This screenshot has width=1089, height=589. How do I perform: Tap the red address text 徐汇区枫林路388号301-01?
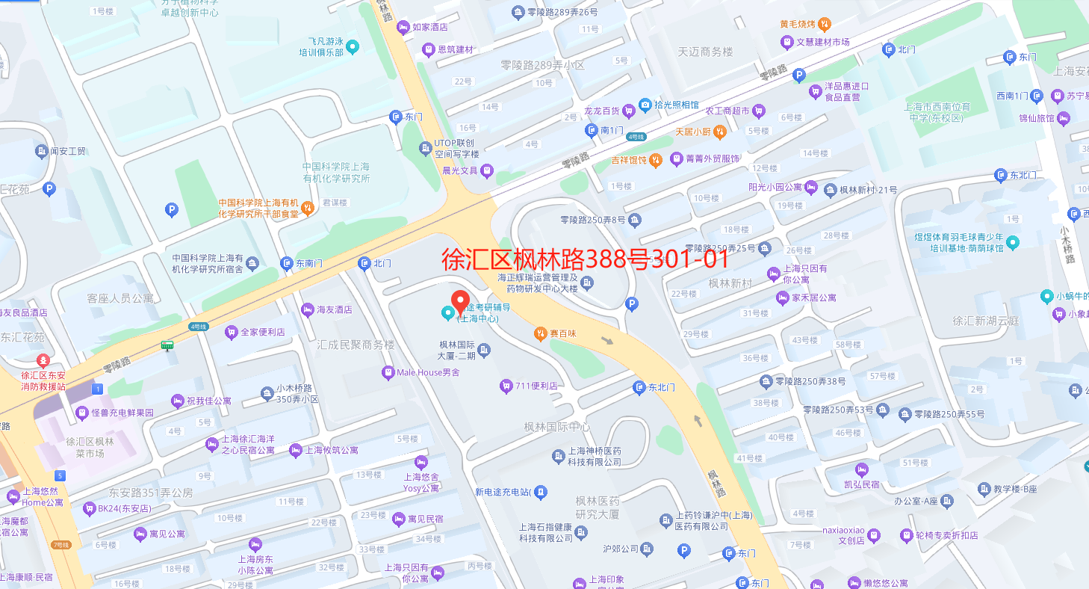(585, 259)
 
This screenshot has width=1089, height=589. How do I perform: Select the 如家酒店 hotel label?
(430, 28)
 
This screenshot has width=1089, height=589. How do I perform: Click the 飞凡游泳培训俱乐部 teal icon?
(353, 47)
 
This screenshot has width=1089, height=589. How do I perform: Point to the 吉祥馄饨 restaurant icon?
(655, 159)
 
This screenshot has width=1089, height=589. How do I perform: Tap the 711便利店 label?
(536, 386)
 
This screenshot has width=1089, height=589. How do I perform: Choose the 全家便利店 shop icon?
(231, 332)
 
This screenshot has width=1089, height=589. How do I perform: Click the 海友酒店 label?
(334, 309)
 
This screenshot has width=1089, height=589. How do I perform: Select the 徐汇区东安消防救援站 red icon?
(43, 360)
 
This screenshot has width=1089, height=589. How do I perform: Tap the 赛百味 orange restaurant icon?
(540, 333)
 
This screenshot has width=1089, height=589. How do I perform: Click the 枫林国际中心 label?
(556, 428)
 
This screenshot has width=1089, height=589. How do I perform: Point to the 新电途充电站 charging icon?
(541, 492)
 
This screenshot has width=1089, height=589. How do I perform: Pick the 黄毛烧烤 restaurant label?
(798, 24)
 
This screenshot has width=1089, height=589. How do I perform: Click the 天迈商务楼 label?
(705, 52)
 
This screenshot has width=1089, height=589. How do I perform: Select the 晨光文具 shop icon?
(486, 170)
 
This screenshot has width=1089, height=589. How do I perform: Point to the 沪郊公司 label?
(621, 549)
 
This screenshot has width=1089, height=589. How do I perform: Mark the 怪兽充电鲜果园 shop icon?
(81, 413)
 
